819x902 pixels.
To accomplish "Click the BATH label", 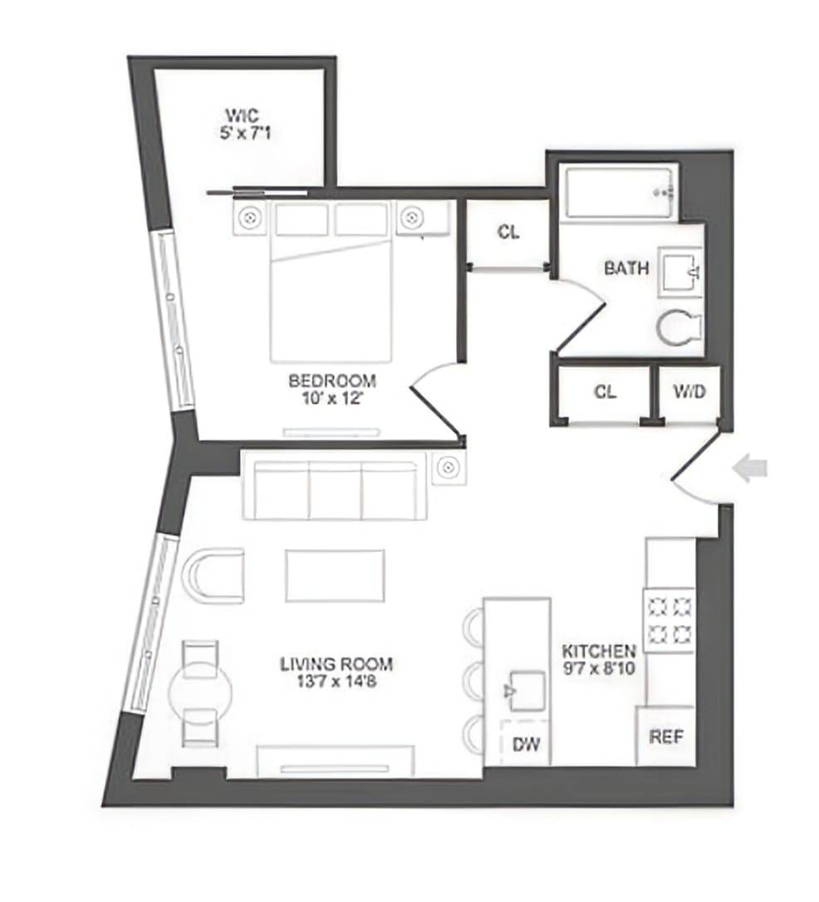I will [x=626, y=269].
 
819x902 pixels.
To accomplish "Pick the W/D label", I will [x=689, y=392].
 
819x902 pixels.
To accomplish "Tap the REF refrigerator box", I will [x=665, y=736].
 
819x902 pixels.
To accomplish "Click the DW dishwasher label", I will [x=526, y=745].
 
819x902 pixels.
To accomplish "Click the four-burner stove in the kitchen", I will [x=669, y=619].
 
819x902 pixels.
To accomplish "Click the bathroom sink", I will [x=681, y=271].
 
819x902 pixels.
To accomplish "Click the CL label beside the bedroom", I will [x=508, y=233].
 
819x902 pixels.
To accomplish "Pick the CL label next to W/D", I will [x=606, y=392].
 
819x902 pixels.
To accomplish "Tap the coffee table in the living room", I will [x=335, y=575].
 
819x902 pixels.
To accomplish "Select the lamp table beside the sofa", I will [x=449, y=467].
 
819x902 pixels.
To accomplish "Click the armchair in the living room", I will [x=213, y=575].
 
